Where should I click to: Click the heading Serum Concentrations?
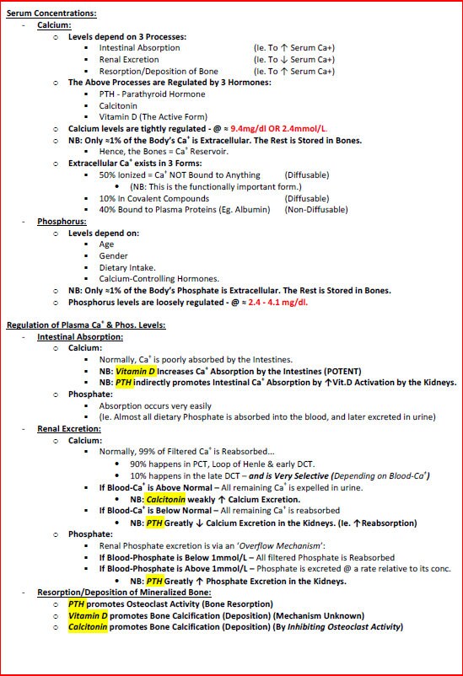tap(51, 13)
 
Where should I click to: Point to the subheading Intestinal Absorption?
tap(80, 337)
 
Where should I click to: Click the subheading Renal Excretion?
tap(69, 429)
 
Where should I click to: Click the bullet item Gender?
tap(114, 256)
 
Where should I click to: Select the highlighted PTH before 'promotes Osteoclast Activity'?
tap(77, 604)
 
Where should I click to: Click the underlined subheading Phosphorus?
tap(60, 222)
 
